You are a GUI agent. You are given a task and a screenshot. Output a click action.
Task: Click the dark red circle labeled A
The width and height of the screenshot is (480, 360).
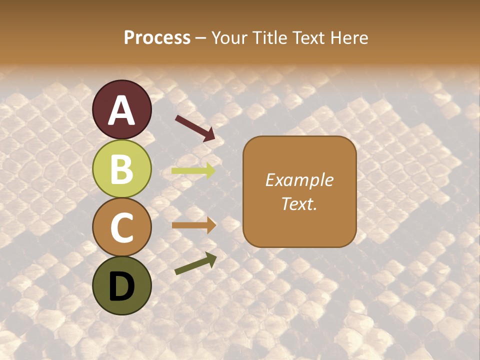[x=122, y=109]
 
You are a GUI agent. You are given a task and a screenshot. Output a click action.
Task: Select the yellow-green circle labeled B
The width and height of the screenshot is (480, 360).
[x=122, y=168]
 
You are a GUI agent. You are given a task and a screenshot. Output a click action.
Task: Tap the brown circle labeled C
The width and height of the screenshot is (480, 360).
[x=122, y=227]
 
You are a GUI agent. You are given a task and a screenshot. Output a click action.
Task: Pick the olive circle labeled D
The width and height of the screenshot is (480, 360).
[x=122, y=285]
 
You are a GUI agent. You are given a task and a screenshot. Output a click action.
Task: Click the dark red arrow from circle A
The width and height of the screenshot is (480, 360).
[x=195, y=128]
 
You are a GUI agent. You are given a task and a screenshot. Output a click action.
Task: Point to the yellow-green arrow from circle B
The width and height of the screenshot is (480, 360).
[x=193, y=171]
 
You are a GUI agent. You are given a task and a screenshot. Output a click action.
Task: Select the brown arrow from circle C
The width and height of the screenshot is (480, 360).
[x=193, y=225]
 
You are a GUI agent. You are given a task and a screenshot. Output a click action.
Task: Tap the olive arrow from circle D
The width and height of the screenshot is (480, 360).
[x=195, y=263]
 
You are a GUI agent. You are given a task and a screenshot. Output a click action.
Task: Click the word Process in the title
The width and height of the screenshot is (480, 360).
[x=157, y=37]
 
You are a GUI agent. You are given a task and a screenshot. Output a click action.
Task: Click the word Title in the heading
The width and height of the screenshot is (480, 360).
[x=269, y=37]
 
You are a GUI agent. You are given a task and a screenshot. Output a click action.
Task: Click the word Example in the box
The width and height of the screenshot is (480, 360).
[x=299, y=180]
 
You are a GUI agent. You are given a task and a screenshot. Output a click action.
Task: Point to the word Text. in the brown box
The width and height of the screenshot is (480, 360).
[x=299, y=203]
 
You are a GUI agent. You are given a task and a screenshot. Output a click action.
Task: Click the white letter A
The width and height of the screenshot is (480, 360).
[x=122, y=110]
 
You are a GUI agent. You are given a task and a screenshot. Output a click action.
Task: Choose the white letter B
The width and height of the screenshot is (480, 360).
[x=122, y=169]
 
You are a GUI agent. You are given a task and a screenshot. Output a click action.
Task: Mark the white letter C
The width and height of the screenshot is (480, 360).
[x=122, y=227]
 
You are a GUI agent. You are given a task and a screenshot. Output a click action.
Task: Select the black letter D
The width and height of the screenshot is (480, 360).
[x=122, y=286]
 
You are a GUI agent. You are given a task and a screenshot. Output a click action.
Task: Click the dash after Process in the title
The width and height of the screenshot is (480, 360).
[x=200, y=38]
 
